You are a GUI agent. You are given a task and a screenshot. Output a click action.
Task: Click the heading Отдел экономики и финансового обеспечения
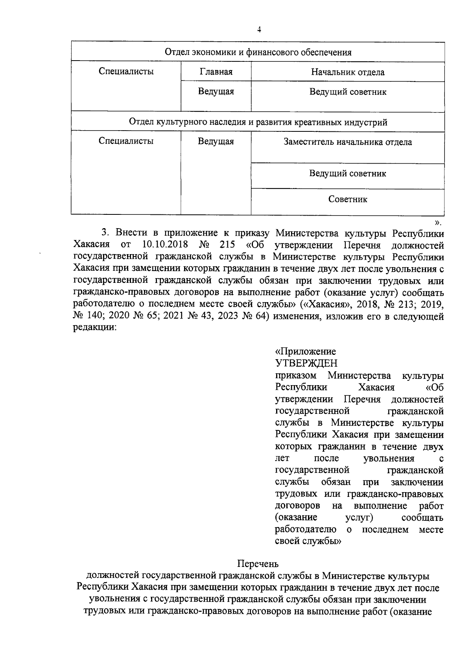(258, 52)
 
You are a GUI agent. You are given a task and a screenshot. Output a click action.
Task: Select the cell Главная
(216, 72)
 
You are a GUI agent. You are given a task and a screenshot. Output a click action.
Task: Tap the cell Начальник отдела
(348, 72)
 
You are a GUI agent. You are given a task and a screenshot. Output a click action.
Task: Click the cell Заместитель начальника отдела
(348, 142)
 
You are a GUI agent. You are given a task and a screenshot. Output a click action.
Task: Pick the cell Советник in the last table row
(348, 199)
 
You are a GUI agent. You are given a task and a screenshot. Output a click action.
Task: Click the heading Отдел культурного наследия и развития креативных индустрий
(258, 122)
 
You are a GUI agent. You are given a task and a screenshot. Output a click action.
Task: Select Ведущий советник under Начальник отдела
(348, 92)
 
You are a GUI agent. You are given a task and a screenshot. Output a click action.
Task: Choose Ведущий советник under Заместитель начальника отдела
(348, 173)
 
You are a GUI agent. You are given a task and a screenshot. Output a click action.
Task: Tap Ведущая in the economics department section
(216, 92)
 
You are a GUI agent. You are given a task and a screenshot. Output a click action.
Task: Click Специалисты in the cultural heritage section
(126, 141)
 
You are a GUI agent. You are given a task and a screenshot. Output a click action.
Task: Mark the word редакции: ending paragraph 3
(95, 328)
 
